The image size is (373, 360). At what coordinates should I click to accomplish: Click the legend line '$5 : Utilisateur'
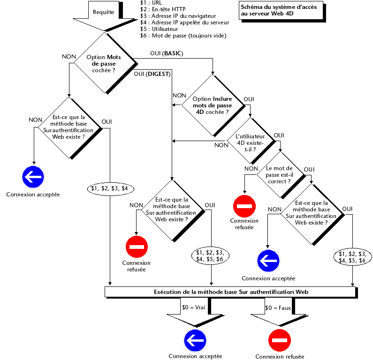[x=162, y=29]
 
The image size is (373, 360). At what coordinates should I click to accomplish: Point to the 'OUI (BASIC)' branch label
[x=166, y=54]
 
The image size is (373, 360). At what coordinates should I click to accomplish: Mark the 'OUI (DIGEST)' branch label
[x=152, y=74]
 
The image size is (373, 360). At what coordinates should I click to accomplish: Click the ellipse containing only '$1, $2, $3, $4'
[x=111, y=188]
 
